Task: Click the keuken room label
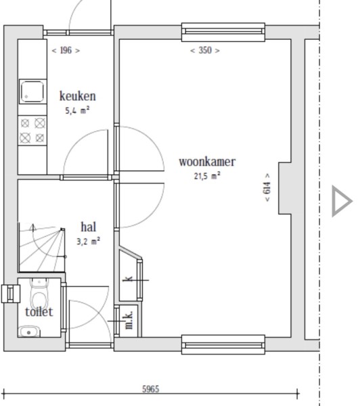click(78, 96)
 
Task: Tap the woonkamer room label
click(207, 162)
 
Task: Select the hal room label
click(89, 227)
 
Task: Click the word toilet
click(39, 312)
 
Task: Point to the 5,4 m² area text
click(77, 110)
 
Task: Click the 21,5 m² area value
click(207, 176)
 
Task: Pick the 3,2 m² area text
click(89, 242)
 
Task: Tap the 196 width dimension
click(66, 50)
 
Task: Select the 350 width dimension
click(205, 50)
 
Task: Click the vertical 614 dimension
click(267, 187)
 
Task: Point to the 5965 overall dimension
click(150, 389)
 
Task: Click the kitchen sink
click(32, 91)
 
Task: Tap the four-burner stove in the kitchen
click(32, 130)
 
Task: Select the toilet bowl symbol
click(39, 293)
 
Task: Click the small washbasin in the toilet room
click(29, 332)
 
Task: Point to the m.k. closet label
click(129, 320)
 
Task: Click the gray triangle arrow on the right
click(342, 201)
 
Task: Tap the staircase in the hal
click(42, 247)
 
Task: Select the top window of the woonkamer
click(223, 32)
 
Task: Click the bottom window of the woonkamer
click(223, 344)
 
